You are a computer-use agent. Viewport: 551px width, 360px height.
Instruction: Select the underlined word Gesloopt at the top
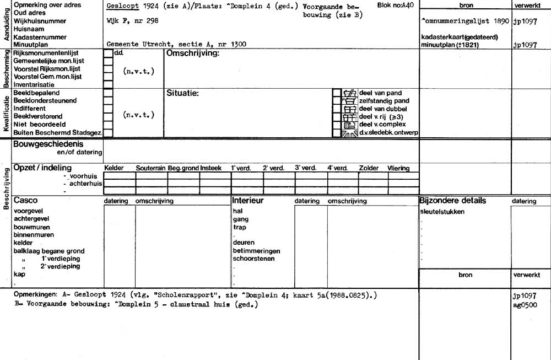(120, 6)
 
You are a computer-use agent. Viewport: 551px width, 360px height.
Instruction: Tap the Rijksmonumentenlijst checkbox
(108, 53)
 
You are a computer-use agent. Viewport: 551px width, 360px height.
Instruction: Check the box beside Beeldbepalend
(108, 93)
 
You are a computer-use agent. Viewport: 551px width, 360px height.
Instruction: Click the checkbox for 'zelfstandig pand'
(337, 101)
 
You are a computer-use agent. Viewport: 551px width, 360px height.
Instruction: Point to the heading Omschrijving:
(193, 53)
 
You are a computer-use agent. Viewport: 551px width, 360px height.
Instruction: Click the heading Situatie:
(182, 93)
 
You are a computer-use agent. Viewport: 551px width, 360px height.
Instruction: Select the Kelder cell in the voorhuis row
(120, 176)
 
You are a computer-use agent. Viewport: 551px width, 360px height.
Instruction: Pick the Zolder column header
(369, 168)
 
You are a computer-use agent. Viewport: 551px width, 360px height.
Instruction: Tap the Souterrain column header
(151, 168)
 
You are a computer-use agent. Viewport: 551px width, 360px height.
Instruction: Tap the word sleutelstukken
(442, 212)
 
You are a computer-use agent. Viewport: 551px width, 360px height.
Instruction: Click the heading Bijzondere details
(452, 201)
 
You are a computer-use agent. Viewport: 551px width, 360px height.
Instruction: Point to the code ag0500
(524, 305)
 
